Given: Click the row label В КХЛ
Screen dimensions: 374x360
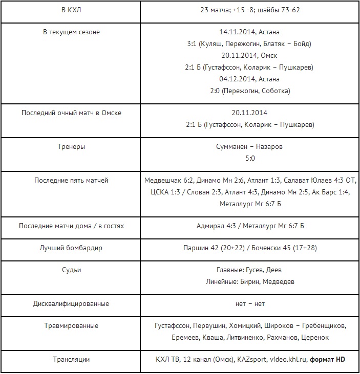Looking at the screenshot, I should click(72, 10).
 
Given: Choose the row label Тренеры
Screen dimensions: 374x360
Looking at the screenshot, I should click(72, 147).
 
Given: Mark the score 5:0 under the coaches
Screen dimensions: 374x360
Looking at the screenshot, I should click(250, 159).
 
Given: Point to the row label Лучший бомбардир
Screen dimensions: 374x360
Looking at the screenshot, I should click(72, 248).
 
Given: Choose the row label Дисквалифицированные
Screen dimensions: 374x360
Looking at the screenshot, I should click(72, 303).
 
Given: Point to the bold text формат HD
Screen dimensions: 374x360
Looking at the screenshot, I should click(327, 360).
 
